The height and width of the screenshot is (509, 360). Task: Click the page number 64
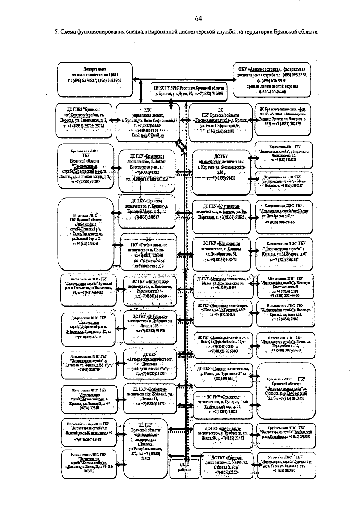[198, 19]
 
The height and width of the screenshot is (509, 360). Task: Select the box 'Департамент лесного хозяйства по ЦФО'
[95, 79]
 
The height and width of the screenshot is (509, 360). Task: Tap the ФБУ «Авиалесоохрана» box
[272, 79]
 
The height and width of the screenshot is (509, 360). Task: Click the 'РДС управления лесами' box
[148, 122]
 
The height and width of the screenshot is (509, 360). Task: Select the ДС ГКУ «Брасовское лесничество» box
[147, 171]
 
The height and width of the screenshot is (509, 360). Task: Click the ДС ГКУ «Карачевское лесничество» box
[221, 172]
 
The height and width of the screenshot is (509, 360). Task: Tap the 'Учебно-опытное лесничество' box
[149, 253]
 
